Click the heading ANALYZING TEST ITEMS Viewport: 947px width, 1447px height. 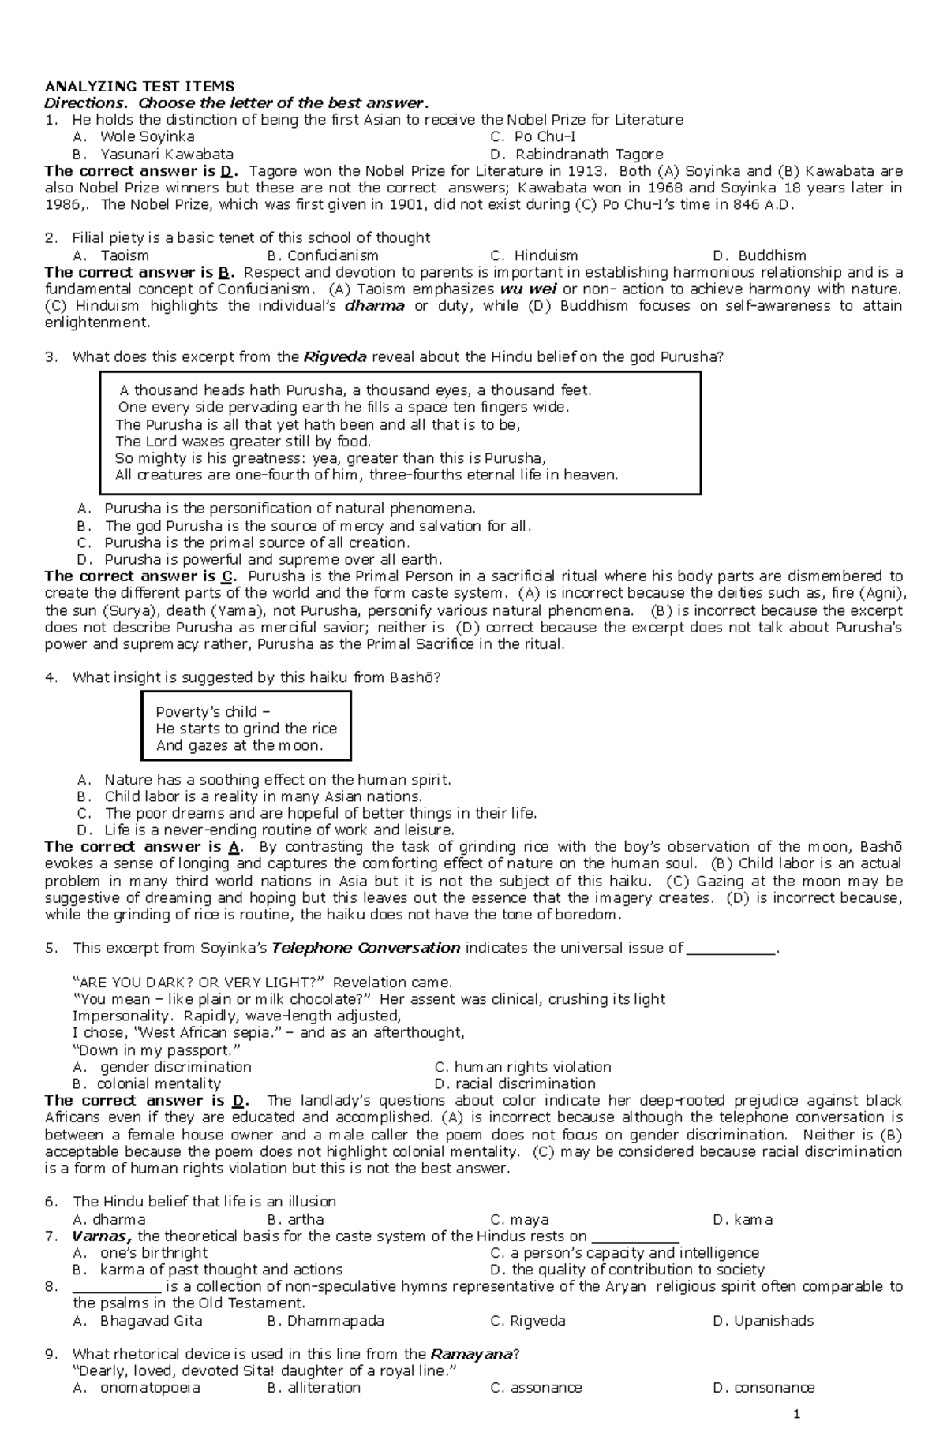coord(139,86)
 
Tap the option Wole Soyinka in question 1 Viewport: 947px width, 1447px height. coord(148,136)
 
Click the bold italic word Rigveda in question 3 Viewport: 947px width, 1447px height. coord(335,356)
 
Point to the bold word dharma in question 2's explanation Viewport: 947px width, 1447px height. coord(375,306)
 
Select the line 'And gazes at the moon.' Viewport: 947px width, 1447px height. coord(239,745)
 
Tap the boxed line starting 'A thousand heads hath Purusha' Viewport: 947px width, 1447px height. coord(355,390)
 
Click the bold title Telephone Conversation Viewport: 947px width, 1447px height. coord(365,948)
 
